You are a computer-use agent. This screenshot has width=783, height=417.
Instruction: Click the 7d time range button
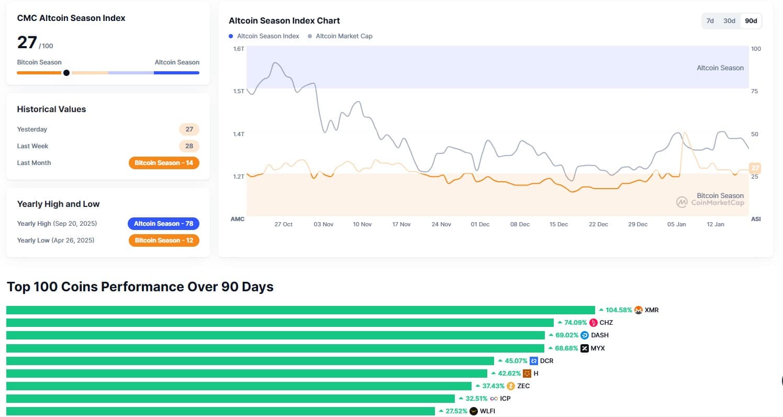[710, 21]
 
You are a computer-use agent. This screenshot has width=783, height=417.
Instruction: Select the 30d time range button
[729, 21]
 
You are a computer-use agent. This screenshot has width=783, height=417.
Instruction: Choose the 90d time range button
[751, 21]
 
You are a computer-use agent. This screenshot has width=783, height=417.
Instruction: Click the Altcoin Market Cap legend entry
[344, 36]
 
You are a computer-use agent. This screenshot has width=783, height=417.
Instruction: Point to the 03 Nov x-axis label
[323, 224]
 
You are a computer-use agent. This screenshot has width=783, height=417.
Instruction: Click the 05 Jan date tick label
[677, 224]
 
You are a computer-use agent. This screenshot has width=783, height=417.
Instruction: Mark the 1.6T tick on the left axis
[239, 49]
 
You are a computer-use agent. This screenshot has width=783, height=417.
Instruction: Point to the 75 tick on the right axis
[754, 91]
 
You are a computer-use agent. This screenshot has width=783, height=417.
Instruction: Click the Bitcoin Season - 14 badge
[163, 163]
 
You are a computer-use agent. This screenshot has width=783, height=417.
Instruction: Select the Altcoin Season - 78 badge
[163, 224]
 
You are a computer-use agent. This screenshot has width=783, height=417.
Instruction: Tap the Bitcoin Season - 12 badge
[163, 240]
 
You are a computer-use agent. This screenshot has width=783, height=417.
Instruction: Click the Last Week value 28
[189, 146]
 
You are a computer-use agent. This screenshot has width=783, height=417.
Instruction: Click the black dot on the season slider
[66, 73]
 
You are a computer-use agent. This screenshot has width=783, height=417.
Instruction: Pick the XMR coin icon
[639, 310]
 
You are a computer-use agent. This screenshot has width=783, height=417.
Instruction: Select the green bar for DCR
[250, 361]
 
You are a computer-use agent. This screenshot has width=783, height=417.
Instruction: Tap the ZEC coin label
[523, 386]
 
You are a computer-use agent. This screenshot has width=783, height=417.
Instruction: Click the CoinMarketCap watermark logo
[682, 202]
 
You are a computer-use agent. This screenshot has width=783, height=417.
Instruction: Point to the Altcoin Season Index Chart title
[284, 21]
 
